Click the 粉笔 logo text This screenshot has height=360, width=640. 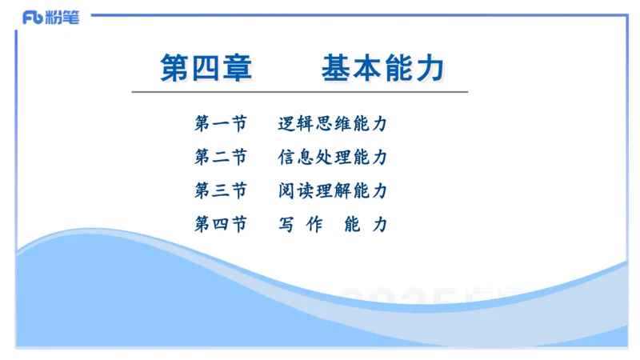pos(62,18)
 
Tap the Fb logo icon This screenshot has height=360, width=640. pos(33,18)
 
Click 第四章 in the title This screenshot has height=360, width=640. pos(206,67)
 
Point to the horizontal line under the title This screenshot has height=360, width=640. pos(300,92)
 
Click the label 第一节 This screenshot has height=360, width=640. pos(221,124)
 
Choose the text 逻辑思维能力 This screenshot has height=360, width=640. pos(333,124)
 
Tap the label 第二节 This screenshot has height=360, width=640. pos(221,158)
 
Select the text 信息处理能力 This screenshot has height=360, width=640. pos(333,158)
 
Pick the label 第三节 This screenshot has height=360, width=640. pos(221,191)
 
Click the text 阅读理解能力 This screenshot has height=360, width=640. pos(333,191)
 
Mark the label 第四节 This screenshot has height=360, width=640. pos(221,225)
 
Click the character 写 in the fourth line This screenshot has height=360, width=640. pos(287,225)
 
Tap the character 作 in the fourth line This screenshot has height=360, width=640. pos(314,225)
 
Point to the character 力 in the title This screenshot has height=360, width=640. pos(430,67)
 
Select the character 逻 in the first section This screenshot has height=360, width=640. pos(287,124)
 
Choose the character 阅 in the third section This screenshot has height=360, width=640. pos(287,191)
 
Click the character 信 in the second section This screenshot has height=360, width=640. pos(287,158)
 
